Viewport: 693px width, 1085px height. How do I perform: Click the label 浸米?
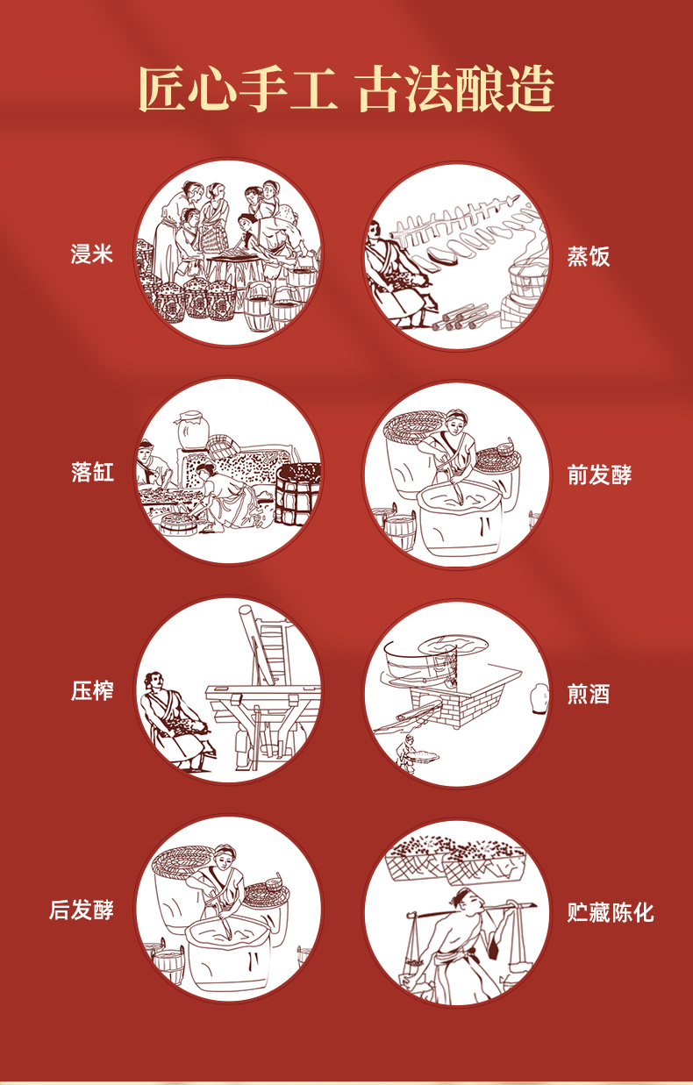pos(92,254)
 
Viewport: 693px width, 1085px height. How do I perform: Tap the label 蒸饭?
pos(589,256)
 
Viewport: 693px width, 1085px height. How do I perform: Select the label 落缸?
pos(92,472)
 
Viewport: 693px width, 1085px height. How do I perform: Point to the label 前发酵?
pos(599,475)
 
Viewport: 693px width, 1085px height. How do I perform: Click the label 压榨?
pos(92,690)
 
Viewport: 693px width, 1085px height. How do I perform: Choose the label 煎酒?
pos(589,694)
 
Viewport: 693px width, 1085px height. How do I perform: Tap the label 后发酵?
pos(82,910)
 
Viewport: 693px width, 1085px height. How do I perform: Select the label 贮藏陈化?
pos(611,912)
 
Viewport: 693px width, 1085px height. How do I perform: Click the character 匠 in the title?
pos(162,89)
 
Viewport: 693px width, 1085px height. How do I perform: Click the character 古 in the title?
pos(381,89)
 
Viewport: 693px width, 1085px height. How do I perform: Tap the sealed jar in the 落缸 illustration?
pos(192,429)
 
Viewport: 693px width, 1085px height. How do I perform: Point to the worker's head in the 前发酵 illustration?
pos(456,421)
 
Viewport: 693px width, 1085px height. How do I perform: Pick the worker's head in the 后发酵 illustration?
pos(225,858)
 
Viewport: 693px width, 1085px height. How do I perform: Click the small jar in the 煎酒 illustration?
pos(539,698)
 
